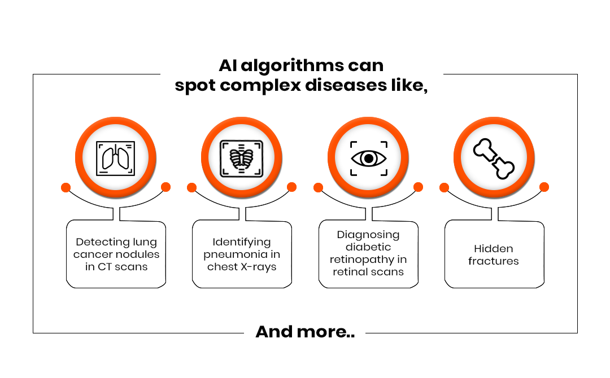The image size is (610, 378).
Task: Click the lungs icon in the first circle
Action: [116, 159]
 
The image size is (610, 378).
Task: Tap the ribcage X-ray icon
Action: [242, 159]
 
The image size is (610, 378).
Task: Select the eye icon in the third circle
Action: [368, 159]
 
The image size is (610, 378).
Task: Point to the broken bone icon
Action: [494, 159]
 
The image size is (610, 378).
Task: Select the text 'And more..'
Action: [305, 332]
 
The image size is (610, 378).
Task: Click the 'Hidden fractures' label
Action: [493, 255]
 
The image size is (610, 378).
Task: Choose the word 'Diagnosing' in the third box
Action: [368, 235]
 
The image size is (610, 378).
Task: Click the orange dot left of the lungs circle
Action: [66, 188]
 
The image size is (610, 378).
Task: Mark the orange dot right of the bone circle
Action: [544, 187]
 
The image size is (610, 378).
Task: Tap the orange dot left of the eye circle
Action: [318, 188]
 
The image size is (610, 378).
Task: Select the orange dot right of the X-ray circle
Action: [292, 187]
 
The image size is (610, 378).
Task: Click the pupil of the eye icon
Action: [368, 159]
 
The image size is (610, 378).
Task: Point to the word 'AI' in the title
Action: [228, 65]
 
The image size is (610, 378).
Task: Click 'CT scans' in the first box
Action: [122, 267]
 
